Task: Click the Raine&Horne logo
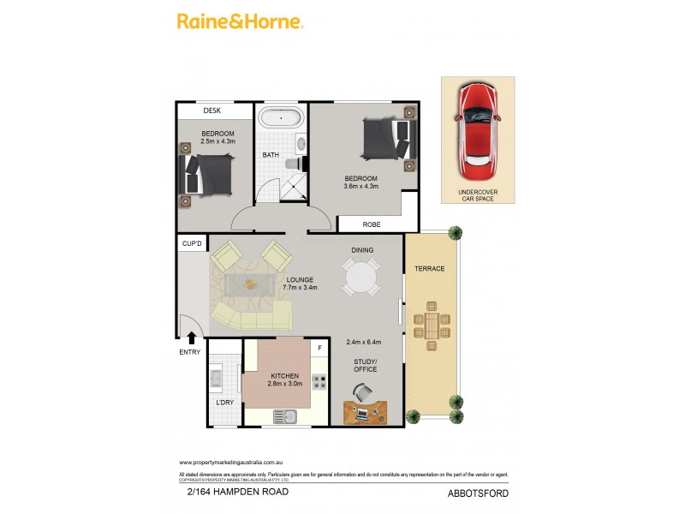point(240,22)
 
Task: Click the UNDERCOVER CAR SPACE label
point(478,196)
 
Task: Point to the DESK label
point(212,111)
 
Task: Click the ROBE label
point(371,224)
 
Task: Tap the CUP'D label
point(192,245)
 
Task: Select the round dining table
point(360,277)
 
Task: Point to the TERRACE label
point(430,269)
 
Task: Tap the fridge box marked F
point(319,348)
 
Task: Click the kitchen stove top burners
point(319,383)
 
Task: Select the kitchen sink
point(284,416)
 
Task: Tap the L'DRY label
point(224,402)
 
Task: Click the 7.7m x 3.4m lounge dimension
point(300,288)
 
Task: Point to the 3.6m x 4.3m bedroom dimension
point(360,186)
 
